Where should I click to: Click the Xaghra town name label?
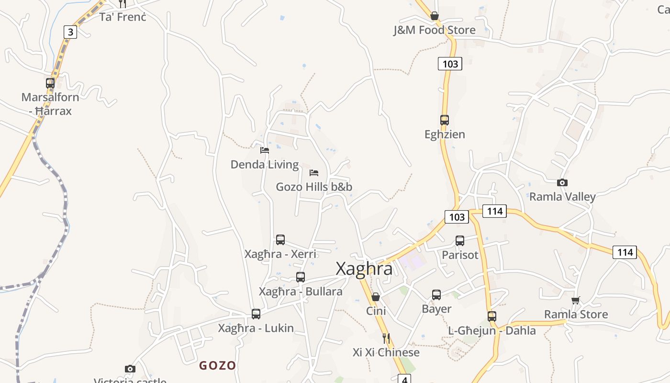(364, 269)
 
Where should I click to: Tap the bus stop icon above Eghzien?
(445, 120)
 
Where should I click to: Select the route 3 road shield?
(70, 32)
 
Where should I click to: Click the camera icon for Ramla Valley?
(562, 182)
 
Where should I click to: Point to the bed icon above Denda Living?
(264, 150)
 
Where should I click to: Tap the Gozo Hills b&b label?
(314, 187)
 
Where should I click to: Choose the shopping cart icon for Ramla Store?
(576, 300)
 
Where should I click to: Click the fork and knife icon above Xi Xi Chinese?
(386, 338)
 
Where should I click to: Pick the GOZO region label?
(218, 366)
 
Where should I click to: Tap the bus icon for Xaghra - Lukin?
(256, 314)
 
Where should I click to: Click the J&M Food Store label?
(435, 30)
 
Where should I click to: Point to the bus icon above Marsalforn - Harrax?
(50, 83)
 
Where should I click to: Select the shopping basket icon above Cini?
(376, 297)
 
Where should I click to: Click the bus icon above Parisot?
(460, 241)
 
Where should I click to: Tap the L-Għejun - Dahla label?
(492, 330)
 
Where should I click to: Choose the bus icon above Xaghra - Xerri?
(280, 240)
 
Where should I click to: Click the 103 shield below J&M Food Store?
(450, 64)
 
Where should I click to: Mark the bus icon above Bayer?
(436, 295)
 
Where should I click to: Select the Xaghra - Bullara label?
(301, 292)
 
